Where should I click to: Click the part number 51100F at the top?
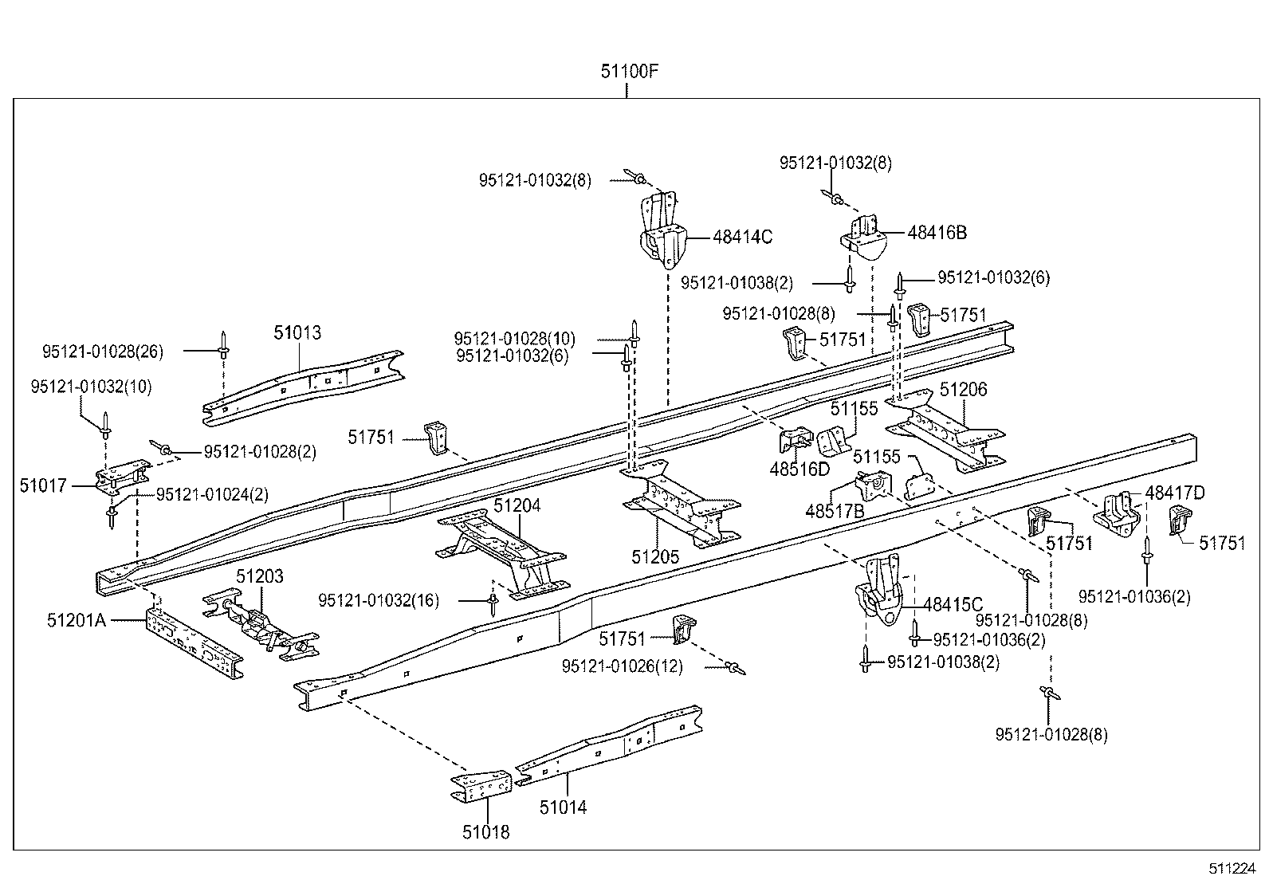(630, 72)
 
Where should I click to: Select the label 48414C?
(742, 237)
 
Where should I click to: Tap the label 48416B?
(937, 233)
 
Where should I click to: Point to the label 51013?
(297, 333)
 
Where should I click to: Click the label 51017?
(44, 485)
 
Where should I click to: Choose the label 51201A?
(76, 619)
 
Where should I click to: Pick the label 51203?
(259, 576)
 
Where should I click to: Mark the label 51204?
(517, 505)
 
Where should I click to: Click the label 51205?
(655, 556)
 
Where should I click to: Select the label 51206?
(963, 390)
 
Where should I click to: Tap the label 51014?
(563, 807)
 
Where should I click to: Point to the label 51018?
(485, 832)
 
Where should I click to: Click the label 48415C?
(953, 605)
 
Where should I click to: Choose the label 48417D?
(1175, 493)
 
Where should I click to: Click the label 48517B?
(835, 511)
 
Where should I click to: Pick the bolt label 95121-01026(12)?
(623, 666)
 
